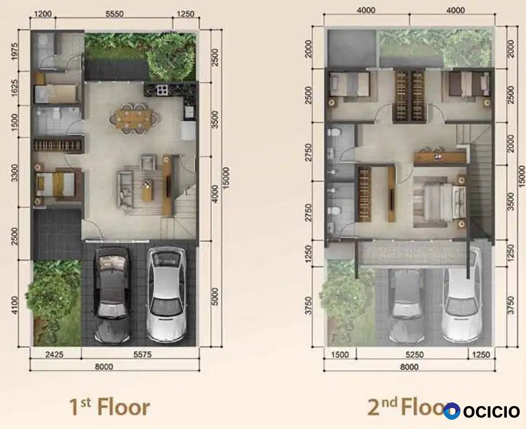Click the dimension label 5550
pyautogui.click(x=114, y=14)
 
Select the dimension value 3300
pyautogui.click(x=15, y=173)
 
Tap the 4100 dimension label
pyautogui.click(x=15, y=305)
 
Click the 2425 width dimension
pyautogui.click(x=54, y=354)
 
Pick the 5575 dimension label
pyautogui.click(x=142, y=354)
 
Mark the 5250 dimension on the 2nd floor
pyautogui.click(x=415, y=355)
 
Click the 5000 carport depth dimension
pyautogui.click(x=215, y=297)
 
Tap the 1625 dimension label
pyautogui.click(x=15, y=88)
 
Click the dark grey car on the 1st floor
pyautogui.click(x=112, y=295)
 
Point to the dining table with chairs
pyautogui.click(x=134, y=118)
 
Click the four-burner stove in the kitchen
pyautogui.click(x=162, y=90)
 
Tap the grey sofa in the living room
pyautogui.click(x=125, y=189)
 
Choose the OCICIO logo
pyautogui.click(x=481, y=411)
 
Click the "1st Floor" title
pyautogui.click(x=110, y=407)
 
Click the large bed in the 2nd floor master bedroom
pyautogui.click(x=437, y=203)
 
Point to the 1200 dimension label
pyautogui.click(x=43, y=14)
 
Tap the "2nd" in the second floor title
pyautogui.click(x=382, y=407)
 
